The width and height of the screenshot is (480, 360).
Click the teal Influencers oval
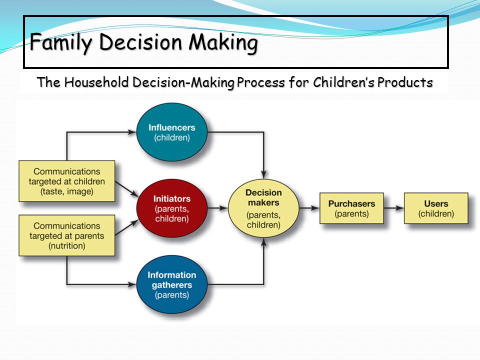171,132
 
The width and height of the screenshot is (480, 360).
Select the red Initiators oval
171,208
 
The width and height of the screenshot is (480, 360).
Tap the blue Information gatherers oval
171,284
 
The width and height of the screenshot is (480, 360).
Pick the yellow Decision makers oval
263,208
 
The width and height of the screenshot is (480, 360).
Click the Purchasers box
351,208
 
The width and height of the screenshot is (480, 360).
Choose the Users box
436,208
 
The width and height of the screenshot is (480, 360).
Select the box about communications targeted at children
66,181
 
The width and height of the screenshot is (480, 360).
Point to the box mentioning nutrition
66,235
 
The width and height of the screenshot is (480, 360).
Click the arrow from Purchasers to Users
394,208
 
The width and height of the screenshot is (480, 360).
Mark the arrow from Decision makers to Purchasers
309,208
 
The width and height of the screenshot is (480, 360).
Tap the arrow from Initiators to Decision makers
218,208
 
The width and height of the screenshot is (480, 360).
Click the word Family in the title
60,42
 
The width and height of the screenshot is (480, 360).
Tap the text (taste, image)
66,191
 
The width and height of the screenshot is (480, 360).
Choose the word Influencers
171,127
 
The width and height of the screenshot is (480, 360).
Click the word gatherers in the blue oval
171,285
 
